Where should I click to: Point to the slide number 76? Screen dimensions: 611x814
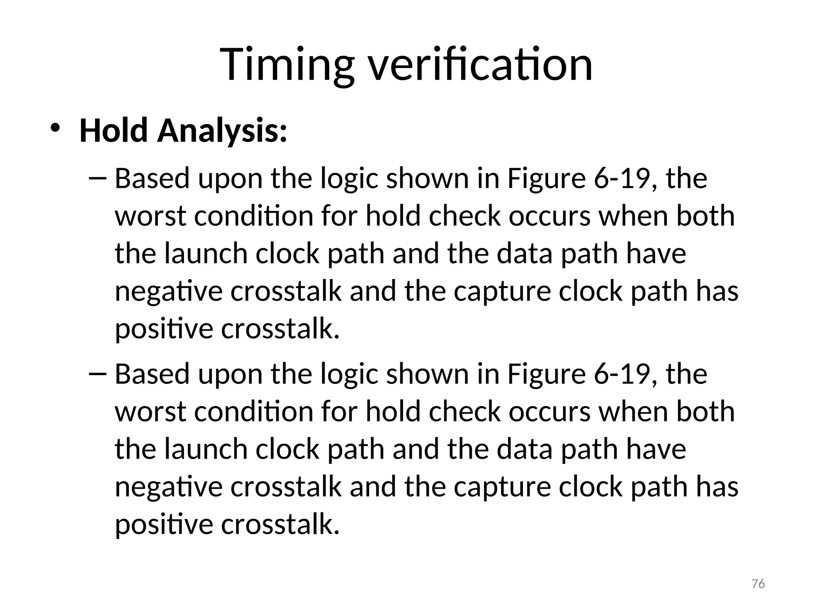click(758, 584)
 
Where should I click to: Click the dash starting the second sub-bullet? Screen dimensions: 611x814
click(97, 374)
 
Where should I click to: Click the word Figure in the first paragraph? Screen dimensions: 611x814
click(547, 179)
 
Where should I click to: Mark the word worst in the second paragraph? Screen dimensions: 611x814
click(150, 412)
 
